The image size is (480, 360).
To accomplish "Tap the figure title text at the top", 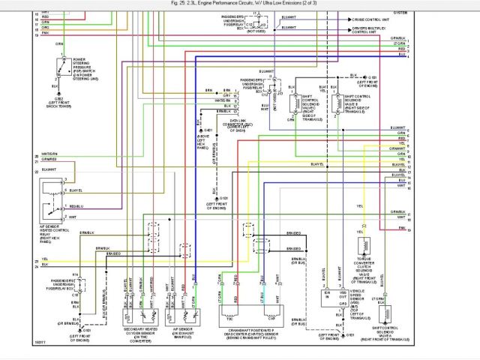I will (240, 3).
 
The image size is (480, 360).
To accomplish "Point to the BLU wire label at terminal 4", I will (402, 54).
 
